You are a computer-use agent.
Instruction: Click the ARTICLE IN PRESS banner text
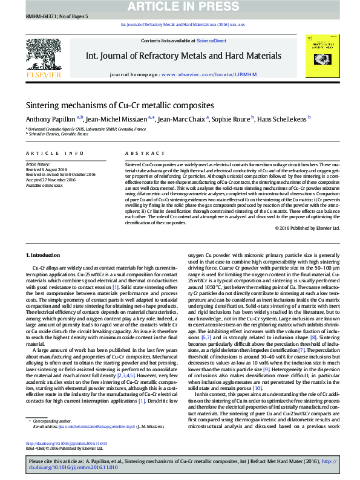pos(180,6)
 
